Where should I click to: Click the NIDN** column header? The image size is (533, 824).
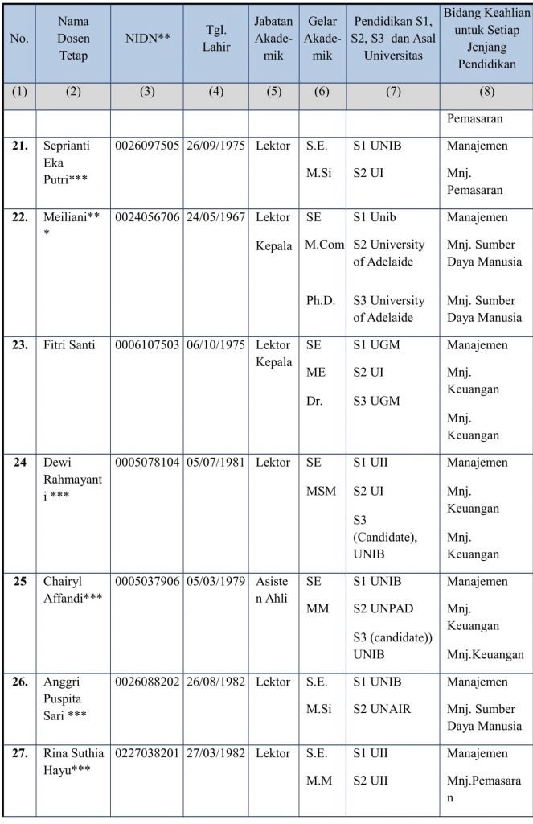pos(146,37)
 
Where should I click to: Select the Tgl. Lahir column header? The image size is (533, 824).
pos(215,37)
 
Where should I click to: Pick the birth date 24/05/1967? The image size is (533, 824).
pos(215,217)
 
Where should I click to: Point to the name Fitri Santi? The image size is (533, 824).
pos(70,345)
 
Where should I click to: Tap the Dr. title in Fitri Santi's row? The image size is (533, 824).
pos(315,400)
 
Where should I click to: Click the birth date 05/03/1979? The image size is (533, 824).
pos(215,581)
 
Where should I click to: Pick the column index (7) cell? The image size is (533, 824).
pos(392,92)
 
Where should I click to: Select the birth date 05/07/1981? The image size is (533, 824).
pos(215,463)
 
